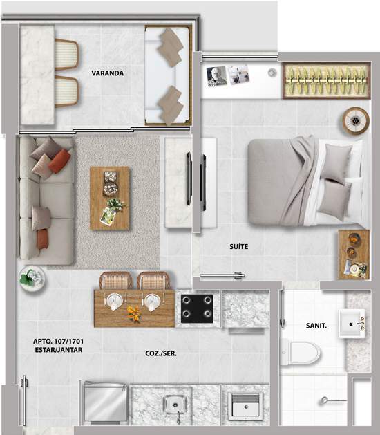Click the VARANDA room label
(108, 73)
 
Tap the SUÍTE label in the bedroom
(238, 246)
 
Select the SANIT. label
(316, 326)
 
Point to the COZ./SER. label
(161, 353)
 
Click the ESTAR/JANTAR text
(59, 350)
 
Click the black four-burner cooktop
(197, 308)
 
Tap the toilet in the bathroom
(300, 353)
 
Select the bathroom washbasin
(352, 324)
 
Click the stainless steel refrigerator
(105, 402)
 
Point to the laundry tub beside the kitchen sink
(245, 405)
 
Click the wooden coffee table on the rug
(110, 198)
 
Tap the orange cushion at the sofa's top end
(59, 161)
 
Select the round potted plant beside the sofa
(32, 278)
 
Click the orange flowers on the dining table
(134, 313)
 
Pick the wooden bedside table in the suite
(354, 254)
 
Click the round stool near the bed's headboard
(356, 120)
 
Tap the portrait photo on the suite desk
(216, 76)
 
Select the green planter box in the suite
(327, 80)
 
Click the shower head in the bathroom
(324, 400)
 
